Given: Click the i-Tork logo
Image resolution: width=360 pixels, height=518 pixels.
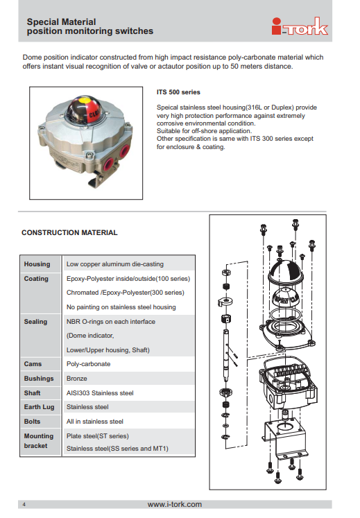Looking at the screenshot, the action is [x=300, y=26].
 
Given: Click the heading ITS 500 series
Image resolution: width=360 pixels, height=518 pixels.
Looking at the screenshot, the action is [x=178, y=92].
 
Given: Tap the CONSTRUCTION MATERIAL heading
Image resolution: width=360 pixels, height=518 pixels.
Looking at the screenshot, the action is [x=69, y=232].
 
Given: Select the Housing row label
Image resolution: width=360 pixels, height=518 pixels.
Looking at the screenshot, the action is [x=37, y=264].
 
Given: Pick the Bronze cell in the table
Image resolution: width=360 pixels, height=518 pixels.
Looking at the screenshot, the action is [x=77, y=378].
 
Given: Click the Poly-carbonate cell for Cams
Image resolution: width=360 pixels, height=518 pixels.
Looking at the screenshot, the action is [x=89, y=364].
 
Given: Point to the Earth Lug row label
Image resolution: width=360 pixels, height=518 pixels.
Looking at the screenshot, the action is [x=39, y=407].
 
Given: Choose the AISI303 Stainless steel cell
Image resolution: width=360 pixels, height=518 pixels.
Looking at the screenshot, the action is [x=100, y=392].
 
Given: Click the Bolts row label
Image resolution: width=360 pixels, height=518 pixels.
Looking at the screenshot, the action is [x=32, y=422].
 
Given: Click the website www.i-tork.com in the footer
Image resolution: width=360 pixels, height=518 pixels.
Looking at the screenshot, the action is [x=175, y=504].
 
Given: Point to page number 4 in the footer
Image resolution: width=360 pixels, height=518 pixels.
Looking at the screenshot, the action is [x=24, y=504].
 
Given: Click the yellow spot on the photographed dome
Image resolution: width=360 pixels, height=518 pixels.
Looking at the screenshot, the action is [x=85, y=100].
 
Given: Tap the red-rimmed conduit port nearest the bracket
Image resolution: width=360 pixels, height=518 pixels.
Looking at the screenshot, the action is [x=108, y=164].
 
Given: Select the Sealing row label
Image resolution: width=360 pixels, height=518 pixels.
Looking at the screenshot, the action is [x=35, y=322].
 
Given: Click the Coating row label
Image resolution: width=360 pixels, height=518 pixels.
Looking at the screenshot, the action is [x=36, y=279].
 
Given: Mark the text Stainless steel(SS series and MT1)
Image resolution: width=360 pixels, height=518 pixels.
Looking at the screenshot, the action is [x=117, y=448].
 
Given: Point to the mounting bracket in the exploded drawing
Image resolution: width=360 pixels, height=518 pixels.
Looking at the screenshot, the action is [x=284, y=440].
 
